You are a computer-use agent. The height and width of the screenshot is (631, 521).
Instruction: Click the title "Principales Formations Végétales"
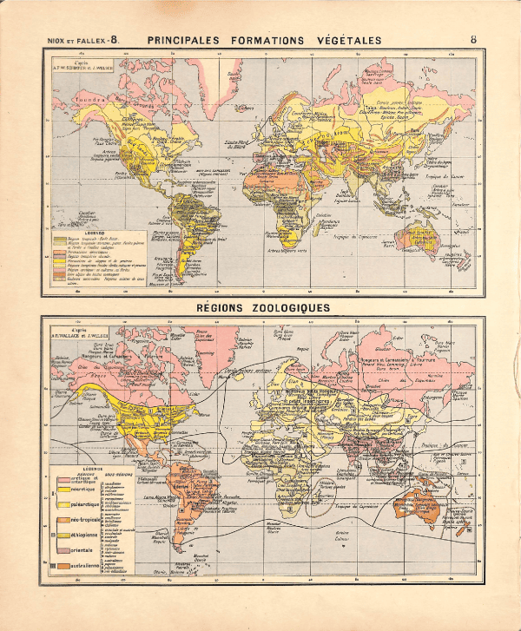[265, 40]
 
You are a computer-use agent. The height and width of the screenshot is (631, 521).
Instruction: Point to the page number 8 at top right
[473, 40]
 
